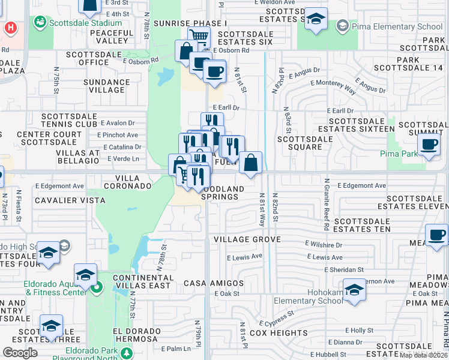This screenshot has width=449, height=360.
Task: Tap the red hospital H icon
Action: [x=10, y=28]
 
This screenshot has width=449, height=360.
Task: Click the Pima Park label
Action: [x=399, y=154]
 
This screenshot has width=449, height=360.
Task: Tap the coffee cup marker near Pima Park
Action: [x=429, y=145]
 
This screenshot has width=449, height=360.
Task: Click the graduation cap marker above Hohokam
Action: [x=355, y=290]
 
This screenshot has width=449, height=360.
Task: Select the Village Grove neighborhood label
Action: [x=247, y=239]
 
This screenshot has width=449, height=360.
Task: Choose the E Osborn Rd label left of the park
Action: [x=140, y=60]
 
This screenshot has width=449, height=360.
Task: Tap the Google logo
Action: [x=20, y=353]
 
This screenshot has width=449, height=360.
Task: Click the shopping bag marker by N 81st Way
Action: [x=250, y=162]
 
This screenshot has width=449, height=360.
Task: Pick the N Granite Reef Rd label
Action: [x=326, y=204]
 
